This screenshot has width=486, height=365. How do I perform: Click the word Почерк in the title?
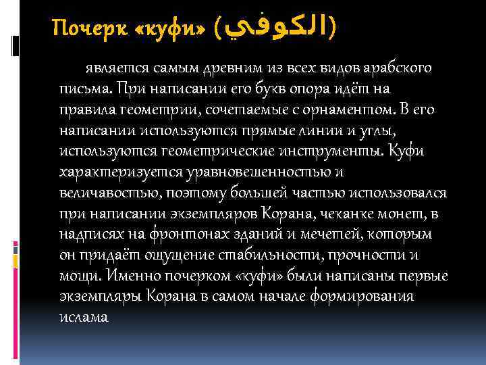click(x=82, y=29)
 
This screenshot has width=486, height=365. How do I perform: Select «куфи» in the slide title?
click(x=163, y=29)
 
